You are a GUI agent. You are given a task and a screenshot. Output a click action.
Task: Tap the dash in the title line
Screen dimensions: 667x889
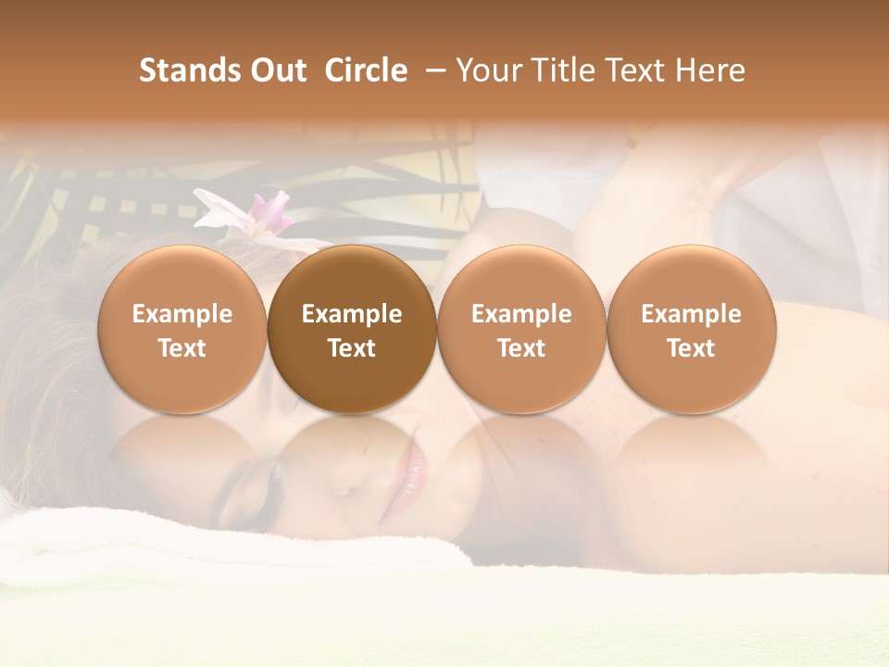pos(431,71)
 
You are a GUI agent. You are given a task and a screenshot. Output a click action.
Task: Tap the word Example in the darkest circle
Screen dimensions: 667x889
pos(352,314)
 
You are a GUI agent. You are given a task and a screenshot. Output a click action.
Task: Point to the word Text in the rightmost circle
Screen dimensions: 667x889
pos(692,348)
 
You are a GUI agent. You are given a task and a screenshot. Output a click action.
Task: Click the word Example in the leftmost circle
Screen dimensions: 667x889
pos(182,314)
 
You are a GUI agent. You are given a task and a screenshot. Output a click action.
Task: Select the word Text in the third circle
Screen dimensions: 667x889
pos(521,348)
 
